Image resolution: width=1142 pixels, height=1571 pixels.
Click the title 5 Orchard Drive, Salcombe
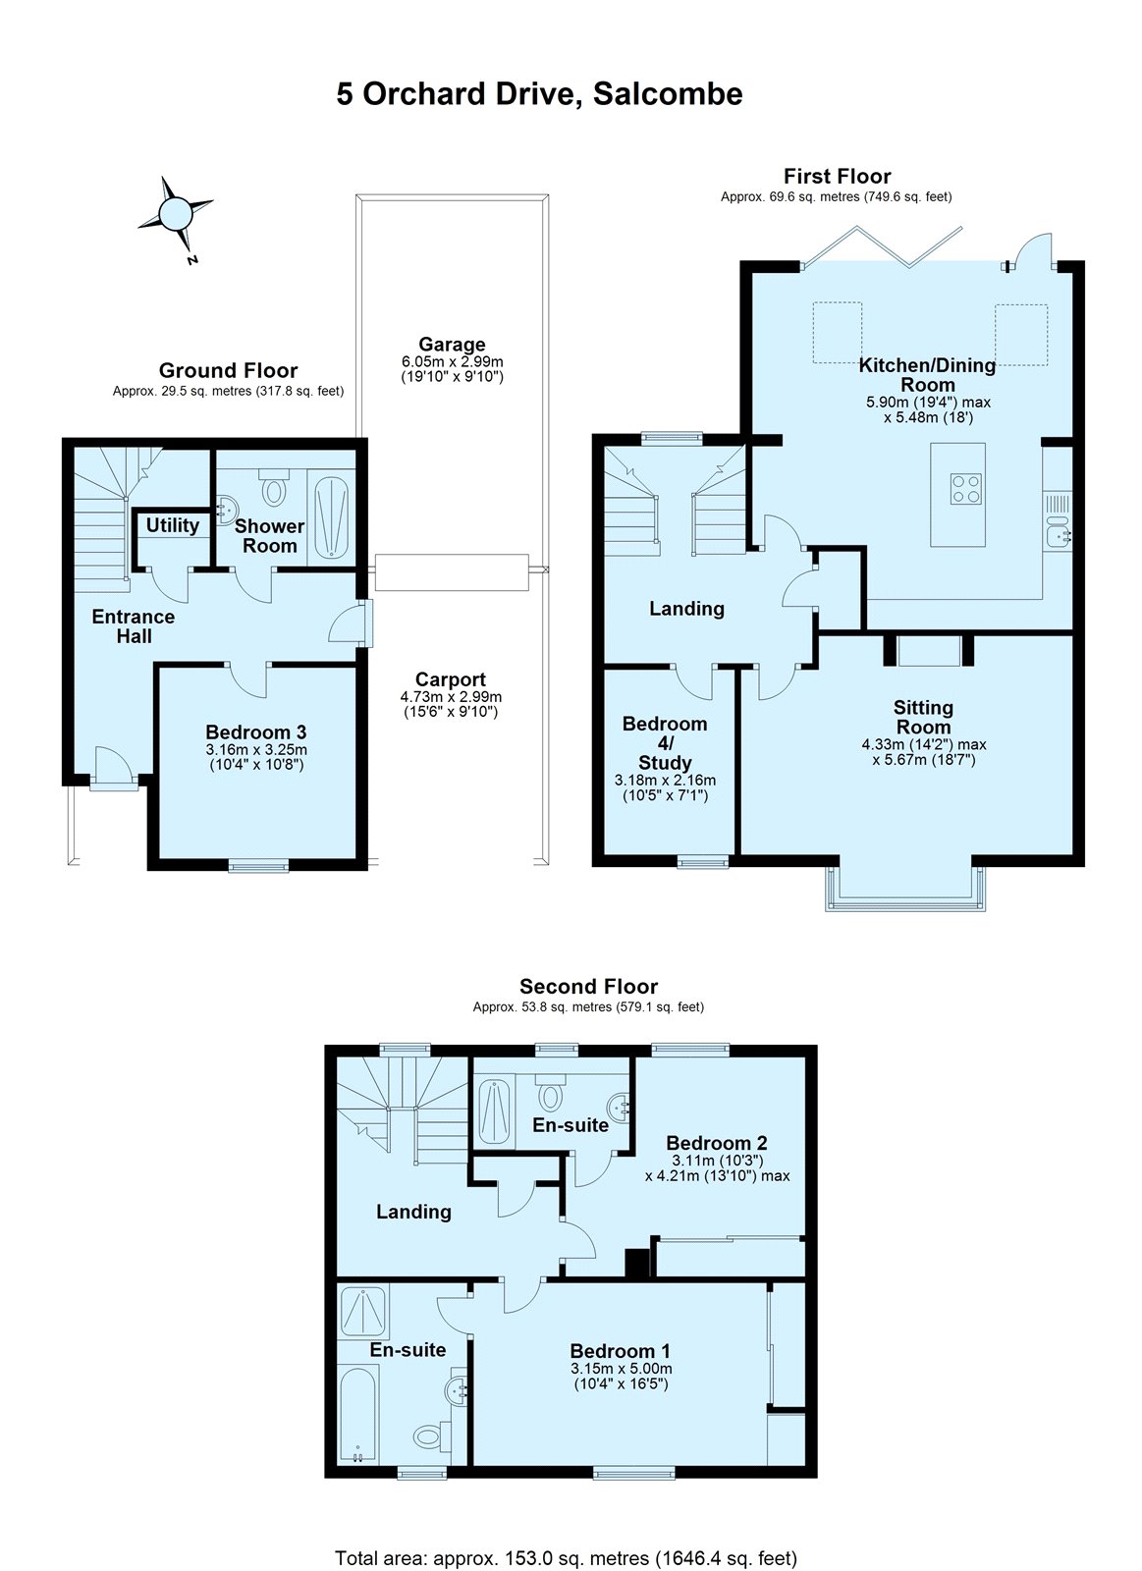point(539,94)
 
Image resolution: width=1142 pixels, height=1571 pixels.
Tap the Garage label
point(452,345)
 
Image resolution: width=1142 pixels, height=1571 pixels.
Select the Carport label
point(450,679)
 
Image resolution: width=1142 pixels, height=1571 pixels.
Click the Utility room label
point(172,525)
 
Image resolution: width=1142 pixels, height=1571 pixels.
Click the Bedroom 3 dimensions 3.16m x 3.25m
point(255,750)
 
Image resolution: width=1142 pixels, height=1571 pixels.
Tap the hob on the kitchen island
point(964,488)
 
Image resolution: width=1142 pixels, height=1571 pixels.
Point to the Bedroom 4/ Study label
point(665,743)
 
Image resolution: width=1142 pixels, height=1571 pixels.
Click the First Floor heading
point(837,177)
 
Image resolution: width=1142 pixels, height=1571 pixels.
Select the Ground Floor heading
point(228,370)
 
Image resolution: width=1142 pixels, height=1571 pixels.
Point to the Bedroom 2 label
point(716,1143)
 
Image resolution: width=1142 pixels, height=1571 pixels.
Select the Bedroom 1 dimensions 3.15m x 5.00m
point(621,1369)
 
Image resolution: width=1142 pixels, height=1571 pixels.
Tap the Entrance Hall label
point(133,626)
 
